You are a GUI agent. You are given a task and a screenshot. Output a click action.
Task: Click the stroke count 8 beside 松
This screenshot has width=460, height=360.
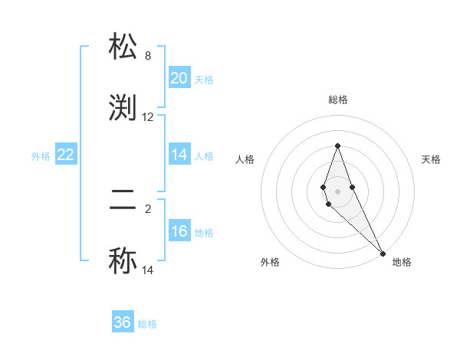148,56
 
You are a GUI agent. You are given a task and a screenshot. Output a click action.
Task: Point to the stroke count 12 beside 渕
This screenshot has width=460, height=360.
148,117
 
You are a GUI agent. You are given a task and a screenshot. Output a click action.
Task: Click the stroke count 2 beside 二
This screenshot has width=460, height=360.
148,206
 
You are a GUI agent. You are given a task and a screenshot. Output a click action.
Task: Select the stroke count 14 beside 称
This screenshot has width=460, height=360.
148,270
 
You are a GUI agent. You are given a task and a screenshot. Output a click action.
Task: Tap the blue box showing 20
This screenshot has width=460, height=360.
179,78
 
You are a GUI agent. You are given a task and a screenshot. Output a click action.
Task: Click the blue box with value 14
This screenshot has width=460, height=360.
179,155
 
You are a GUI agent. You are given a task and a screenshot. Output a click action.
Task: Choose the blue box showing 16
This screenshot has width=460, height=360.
179,231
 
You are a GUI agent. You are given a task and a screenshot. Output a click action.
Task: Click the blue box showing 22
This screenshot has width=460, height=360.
66,155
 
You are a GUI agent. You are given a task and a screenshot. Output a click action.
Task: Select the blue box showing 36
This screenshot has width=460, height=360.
123,322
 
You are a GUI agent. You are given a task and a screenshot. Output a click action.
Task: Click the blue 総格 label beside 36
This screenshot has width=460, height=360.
147,324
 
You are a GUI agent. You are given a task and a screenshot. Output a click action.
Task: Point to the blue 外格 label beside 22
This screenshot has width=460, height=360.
41,156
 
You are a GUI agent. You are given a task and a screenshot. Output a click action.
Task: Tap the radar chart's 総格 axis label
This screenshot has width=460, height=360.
338,100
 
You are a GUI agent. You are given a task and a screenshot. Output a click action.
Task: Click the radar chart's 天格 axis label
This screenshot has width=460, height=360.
431,159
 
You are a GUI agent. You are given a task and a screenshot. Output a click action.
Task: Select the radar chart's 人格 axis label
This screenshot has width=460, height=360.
245,159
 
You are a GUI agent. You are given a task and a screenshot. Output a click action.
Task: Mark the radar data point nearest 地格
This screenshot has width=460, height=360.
383,254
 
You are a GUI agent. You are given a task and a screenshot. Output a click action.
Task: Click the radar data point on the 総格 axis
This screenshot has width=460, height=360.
337,146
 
